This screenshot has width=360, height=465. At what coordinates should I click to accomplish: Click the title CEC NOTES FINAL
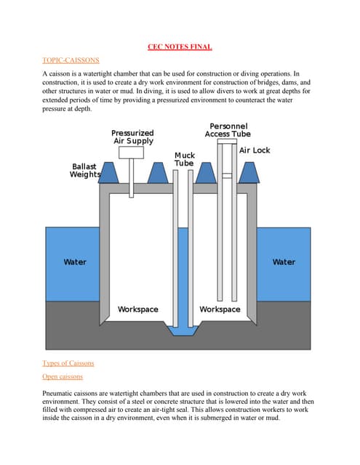coord(179,46)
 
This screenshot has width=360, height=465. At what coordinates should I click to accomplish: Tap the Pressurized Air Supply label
coord(132,137)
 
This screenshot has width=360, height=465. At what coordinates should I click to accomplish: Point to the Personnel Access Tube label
coord(227,130)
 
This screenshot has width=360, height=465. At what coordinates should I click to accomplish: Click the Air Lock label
coord(255,150)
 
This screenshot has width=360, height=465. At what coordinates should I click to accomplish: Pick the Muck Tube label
coord(184,160)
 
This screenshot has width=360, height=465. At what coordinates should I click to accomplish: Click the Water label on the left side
coord(75,262)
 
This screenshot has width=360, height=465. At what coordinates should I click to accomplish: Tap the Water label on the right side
coord(284,262)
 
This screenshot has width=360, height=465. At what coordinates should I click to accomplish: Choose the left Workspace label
coord(138,310)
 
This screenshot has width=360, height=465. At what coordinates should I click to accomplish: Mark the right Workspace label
coord(220,310)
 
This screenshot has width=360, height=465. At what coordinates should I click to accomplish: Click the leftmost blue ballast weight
coord(109,173)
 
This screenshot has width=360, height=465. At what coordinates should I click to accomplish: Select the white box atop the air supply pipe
coord(130,153)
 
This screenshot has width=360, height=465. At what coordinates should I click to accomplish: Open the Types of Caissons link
coord(68,363)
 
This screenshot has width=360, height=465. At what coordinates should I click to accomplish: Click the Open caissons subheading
coord(63,376)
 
